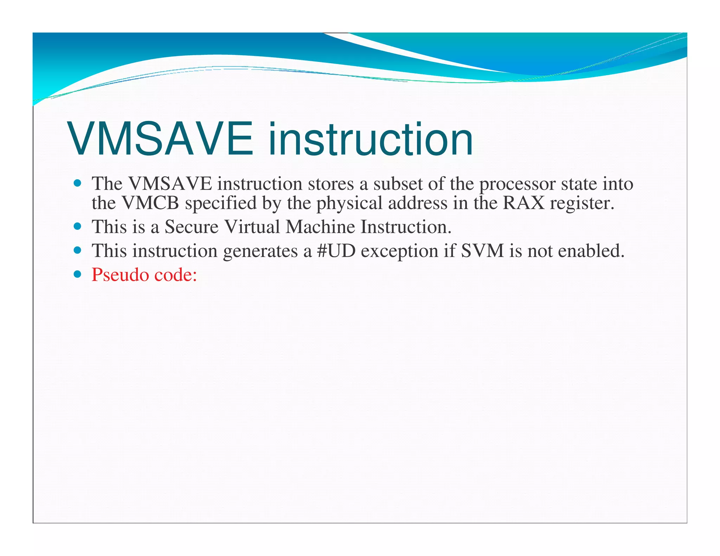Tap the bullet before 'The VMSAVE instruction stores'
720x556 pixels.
point(78,183)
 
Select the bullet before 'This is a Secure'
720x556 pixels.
point(78,226)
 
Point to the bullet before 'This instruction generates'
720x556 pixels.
point(78,250)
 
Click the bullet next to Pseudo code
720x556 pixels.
point(78,274)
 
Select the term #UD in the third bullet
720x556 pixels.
point(336,251)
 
